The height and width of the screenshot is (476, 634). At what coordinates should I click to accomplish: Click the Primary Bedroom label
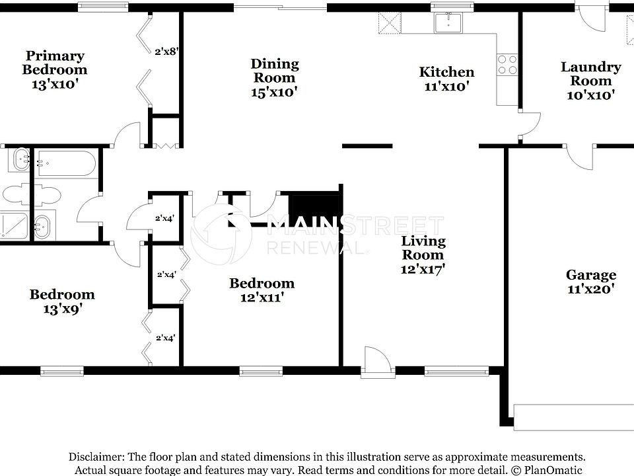click(55, 69)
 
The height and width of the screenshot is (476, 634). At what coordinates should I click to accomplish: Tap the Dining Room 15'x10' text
click(274, 77)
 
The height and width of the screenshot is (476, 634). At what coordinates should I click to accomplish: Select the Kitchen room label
click(447, 79)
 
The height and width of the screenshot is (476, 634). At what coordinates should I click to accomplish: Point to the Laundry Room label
click(590, 80)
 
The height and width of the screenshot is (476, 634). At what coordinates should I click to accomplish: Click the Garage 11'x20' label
click(590, 281)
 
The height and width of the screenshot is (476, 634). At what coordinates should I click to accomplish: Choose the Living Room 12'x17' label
click(424, 255)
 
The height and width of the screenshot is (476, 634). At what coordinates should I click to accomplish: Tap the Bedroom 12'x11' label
click(262, 290)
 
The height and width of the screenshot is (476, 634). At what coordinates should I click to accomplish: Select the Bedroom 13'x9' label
click(61, 301)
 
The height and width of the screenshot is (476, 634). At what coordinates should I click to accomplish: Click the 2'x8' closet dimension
click(166, 50)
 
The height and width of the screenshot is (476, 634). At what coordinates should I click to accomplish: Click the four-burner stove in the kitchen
click(507, 64)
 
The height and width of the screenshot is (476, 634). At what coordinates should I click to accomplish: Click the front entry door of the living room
click(375, 362)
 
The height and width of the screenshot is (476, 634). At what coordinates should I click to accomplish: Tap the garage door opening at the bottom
click(573, 416)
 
